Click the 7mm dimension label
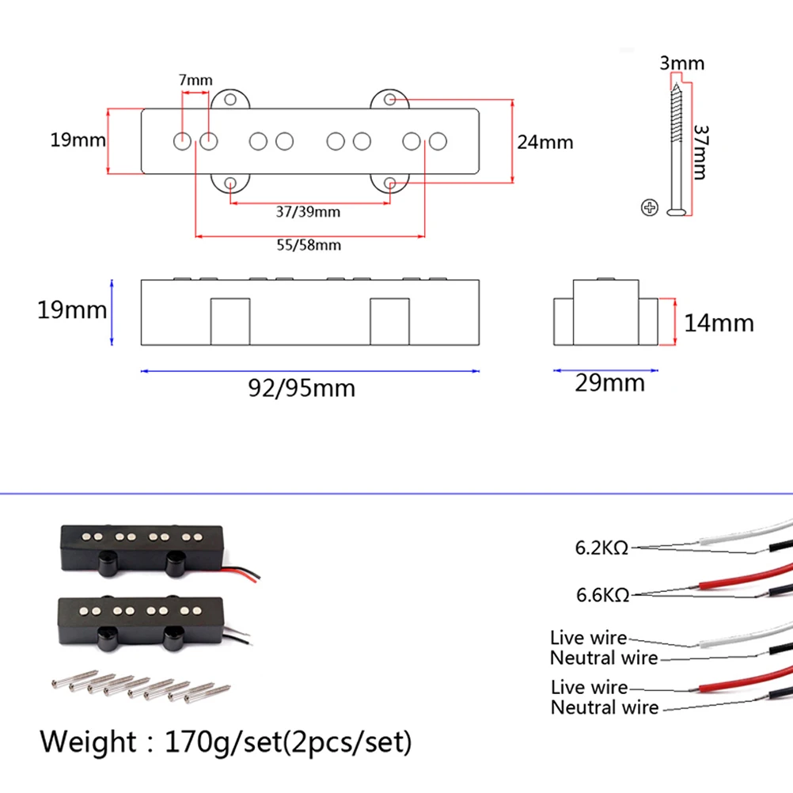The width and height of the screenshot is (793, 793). pos(195,80)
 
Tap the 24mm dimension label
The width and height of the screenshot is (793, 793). pos(544,142)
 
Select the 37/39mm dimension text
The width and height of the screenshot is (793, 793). pos(309,212)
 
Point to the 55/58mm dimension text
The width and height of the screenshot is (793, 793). pos(309,245)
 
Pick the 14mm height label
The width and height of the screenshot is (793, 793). pos(718,323)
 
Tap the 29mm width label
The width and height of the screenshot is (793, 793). pos(610,384)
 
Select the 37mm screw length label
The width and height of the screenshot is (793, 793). pos(700,151)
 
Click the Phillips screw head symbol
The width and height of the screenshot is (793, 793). pos(649,208)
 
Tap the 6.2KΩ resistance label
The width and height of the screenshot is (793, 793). pos(601,548)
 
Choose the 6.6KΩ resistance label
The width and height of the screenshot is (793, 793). pos(601,594)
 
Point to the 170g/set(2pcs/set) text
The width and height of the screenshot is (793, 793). pos(289,743)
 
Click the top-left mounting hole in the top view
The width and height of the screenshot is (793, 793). pos(230,100)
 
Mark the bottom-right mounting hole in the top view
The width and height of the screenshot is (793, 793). pos(390,184)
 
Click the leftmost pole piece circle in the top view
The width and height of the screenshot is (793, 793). pos(181,142)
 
